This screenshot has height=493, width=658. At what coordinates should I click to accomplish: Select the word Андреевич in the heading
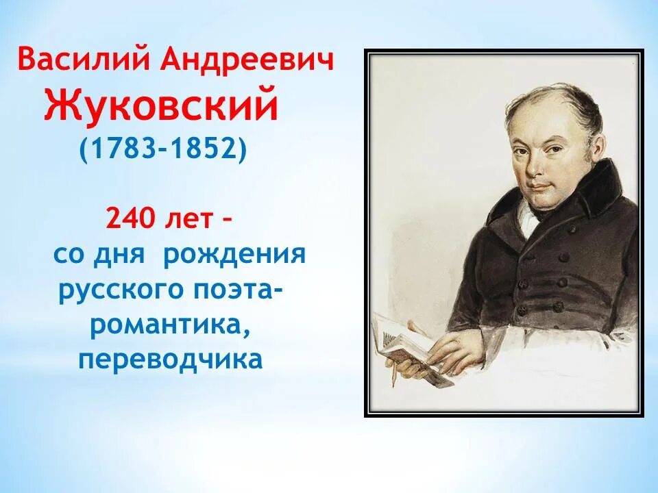(x=248, y=61)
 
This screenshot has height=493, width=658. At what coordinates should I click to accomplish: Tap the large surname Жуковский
(x=162, y=106)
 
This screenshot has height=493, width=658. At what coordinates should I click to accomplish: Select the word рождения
(x=234, y=255)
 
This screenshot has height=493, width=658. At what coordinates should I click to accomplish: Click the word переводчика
(x=171, y=360)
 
